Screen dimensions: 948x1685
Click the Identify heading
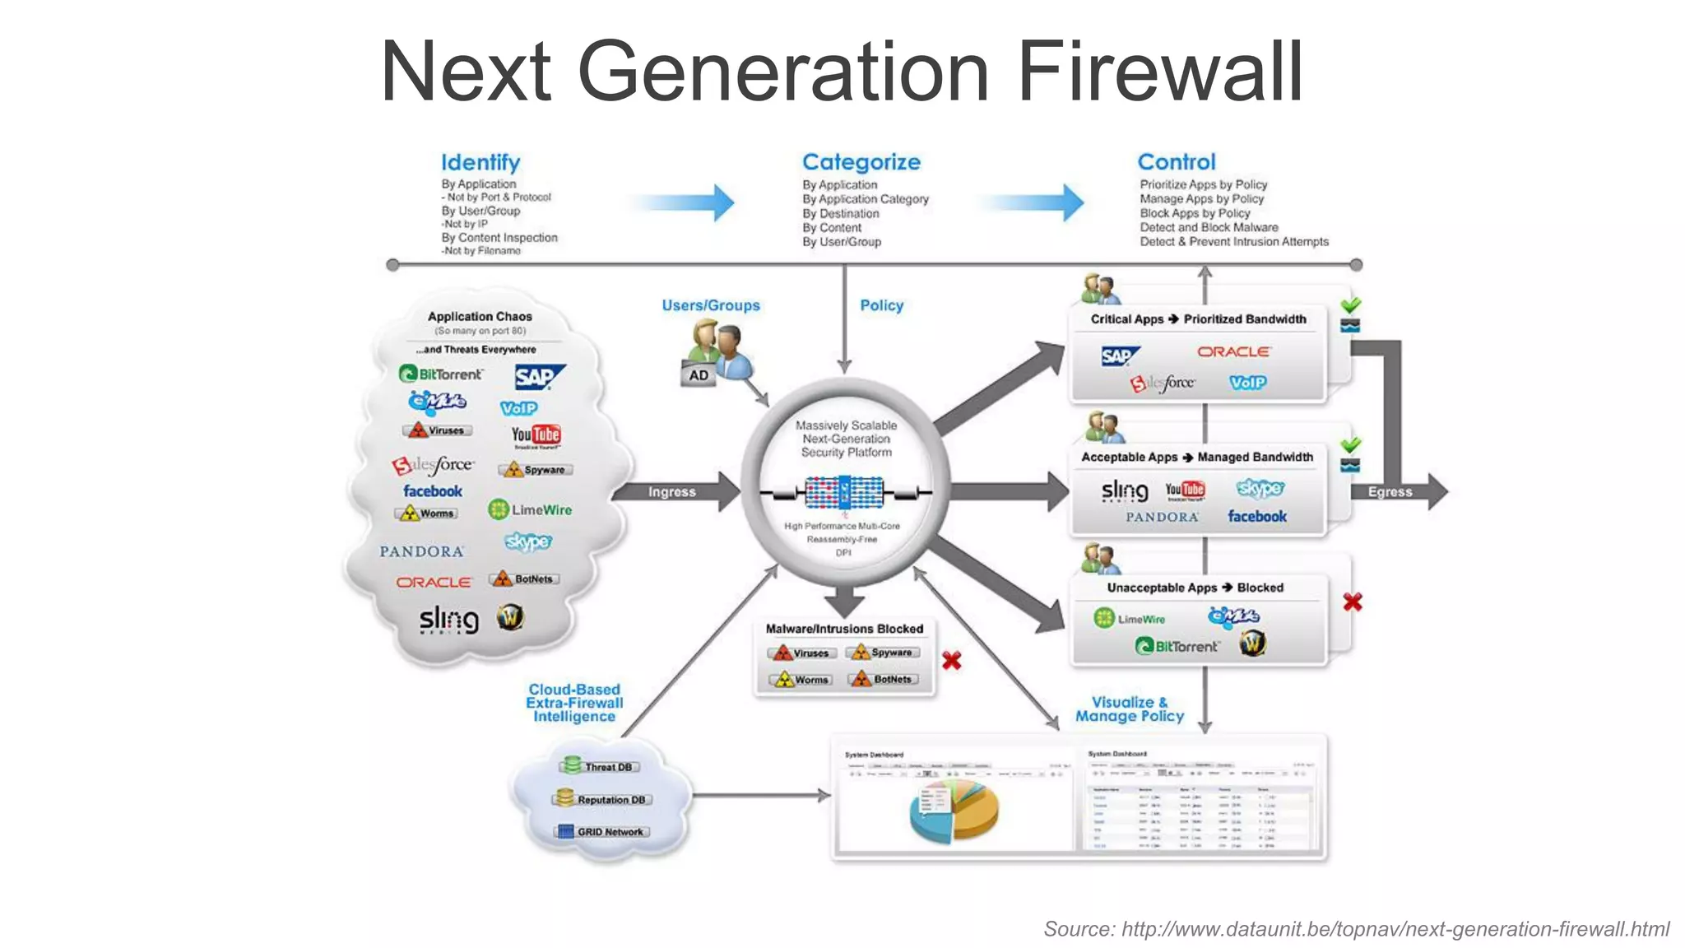(480, 163)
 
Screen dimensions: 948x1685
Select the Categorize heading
(861, 162)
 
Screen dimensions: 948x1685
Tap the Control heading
(1176, 162)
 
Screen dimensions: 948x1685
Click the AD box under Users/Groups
(699, 375)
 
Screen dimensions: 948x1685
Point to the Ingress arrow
(672, 492)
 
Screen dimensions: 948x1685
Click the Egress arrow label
(1390, 492)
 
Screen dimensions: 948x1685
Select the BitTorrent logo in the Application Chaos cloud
(441, 374)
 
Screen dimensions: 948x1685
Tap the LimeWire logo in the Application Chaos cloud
(530, 510)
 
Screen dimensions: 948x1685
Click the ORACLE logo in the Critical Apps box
(1233, 352)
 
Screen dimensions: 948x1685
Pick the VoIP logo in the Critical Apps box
(1247, 383)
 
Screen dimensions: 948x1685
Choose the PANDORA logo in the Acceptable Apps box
(1162, 518)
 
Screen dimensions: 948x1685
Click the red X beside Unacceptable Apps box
(1352, 602)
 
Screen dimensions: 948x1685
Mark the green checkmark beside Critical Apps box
(1350, 305)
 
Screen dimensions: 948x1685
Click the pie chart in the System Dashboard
(954, 811)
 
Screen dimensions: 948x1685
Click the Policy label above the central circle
(881, 305)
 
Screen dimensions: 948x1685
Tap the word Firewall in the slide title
(1160, 72)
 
